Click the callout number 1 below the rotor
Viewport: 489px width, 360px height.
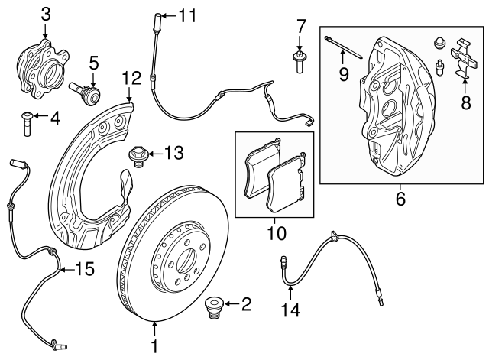155,346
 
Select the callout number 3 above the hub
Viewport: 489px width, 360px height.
46,13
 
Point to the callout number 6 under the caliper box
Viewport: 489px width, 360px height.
400,200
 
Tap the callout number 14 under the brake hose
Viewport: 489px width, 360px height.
290,311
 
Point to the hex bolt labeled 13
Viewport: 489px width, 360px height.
138,155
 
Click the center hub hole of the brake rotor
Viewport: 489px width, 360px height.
185,262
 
